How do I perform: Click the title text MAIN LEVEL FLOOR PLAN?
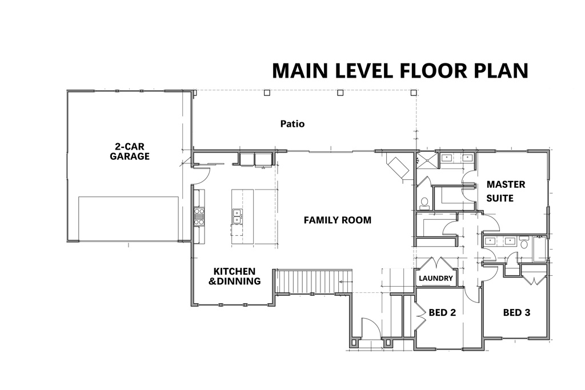click(399, 70)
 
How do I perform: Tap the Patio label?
click(292, 123)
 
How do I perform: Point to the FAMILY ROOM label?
click(337, 220)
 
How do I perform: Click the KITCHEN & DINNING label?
click(235, 276)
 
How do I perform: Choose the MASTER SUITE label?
click(505, 191)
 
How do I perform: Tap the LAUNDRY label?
click(435, 279)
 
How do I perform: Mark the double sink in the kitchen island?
click(237, 215)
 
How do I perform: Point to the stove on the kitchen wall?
click(199, 216)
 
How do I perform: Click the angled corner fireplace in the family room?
click(398, 166)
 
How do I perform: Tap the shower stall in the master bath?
click(425, 159)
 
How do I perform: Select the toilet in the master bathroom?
click(424, 202)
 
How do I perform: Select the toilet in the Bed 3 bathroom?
click(524, 244)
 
